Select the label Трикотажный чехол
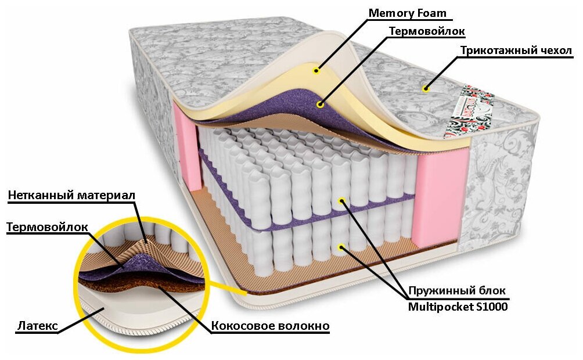click(516, 51)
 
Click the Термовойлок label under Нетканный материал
click(47, 228)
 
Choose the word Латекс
click(37, 327)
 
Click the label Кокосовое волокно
click(270, 326)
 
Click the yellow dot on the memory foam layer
click(316, 71)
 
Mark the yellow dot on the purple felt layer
click(319, 105)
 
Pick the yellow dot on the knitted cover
click(426, 88)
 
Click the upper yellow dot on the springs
click(342, 201)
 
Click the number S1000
click(492, 307)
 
